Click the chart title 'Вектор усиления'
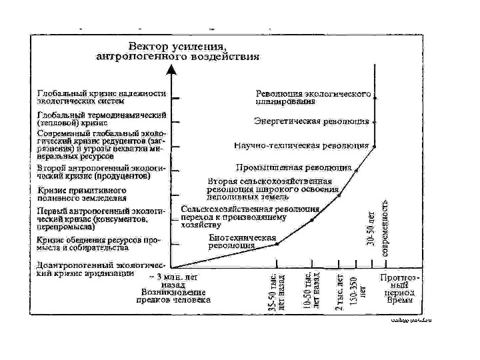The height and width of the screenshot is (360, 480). pos(178,47)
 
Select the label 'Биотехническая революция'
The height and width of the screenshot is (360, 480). pos(241,241)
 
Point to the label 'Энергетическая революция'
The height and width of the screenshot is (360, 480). pos(311,121)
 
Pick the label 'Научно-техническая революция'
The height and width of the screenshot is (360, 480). pos(301,145)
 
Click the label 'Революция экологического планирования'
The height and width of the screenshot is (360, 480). pos(313,99)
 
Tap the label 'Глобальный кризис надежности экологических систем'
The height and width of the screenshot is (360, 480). pos(100,98)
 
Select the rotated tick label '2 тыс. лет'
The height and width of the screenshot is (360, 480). pos(340,289)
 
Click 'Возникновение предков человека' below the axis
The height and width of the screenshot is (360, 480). pos(176,295)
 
